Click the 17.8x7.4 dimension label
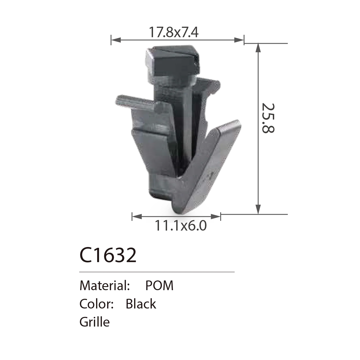173,32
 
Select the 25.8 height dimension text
268,118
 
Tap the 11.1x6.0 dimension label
181,226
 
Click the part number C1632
108,255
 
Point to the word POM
159,286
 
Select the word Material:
105,286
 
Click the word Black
141,304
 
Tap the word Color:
97,304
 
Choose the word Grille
95,323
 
